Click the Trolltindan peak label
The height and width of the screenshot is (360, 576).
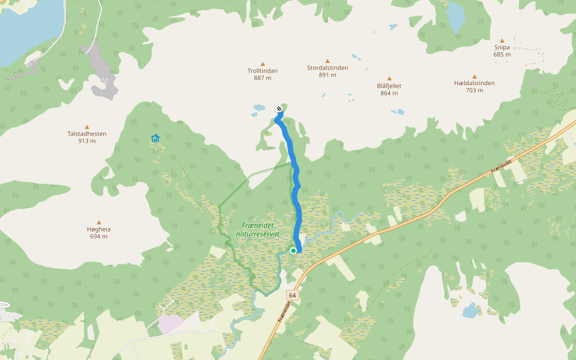click(x=262, y=71)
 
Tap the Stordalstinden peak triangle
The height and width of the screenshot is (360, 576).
click(x=328, y=61)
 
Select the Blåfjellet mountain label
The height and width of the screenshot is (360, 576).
click(x=389, y=86)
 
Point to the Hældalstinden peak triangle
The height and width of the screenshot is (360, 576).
click(x=474, y=77)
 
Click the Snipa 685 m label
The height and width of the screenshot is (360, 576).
click(x=502, y=51)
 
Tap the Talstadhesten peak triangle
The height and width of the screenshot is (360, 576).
click(x=87, y=127)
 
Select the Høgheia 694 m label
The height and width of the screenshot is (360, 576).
click(x=98, y=233)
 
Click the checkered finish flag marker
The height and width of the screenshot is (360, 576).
click(x=280, y=109)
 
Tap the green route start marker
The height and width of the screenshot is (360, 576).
click(x=293, y=251)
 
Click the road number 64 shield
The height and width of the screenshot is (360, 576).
click(x=292, y=296)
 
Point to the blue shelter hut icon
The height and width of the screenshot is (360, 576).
click(x=155, y=139)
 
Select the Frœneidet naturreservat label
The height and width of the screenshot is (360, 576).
click(x=258, y=229)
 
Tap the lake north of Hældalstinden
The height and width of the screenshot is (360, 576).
click(x=456, y=17)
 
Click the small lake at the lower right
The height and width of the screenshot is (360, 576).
click(x=470, y=311)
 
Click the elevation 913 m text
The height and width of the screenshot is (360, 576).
click(x=87, y=141)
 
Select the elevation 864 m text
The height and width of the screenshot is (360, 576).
click(x=389, y=93)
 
